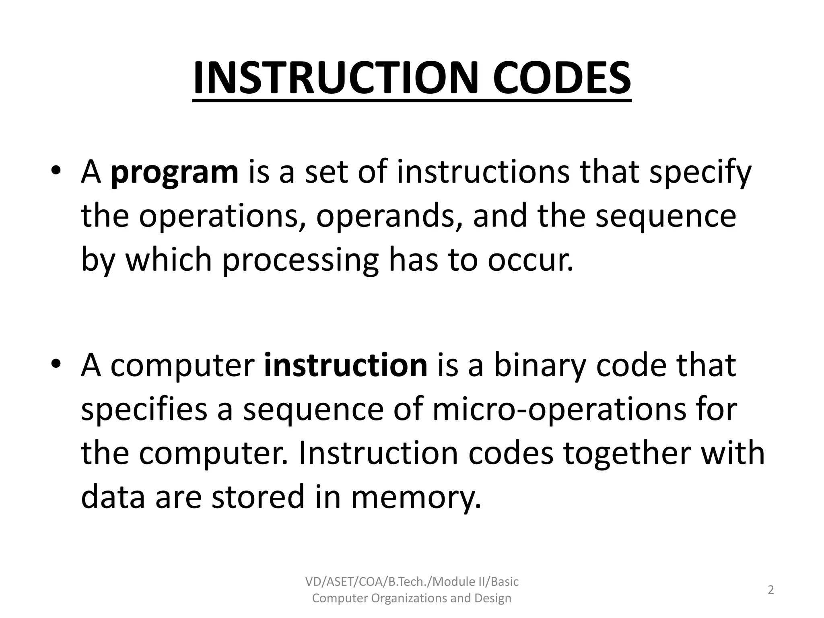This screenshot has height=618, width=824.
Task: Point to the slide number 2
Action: click(770, 590)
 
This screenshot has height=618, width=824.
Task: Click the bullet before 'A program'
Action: click(56, 171)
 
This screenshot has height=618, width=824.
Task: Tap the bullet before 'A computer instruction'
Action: click(56, 363)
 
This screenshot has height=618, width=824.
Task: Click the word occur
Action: click(530, 260)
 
